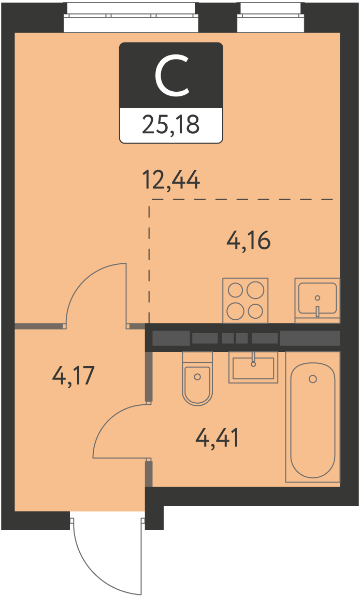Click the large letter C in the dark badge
coord(171,75)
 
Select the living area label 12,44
coord(171,180)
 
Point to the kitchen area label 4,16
coord(248,240)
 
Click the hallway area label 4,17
coord(73,376)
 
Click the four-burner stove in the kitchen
coord(246,300)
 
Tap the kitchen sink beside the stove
coord(318,300)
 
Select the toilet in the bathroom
coord(197,378)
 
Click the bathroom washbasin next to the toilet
coord(253,367)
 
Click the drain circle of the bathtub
coord(313,379)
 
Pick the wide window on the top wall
coord(131,18)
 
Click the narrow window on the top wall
coord(271,18)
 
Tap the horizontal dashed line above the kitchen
coord(242,199)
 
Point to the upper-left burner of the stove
coord(235,291)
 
